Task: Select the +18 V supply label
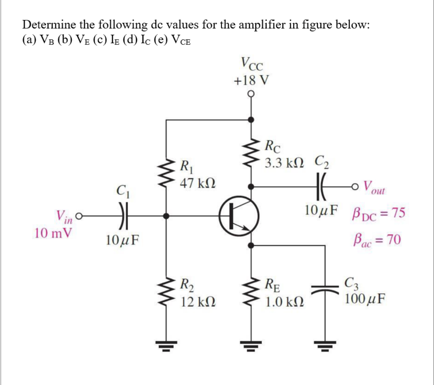251,81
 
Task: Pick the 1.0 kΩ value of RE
284,301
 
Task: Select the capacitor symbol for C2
321,186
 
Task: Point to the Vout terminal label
375,187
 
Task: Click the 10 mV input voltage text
52,233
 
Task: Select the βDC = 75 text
378,213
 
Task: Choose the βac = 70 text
375,240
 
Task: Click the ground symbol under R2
167,344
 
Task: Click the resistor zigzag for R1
167,173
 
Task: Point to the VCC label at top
251,64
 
